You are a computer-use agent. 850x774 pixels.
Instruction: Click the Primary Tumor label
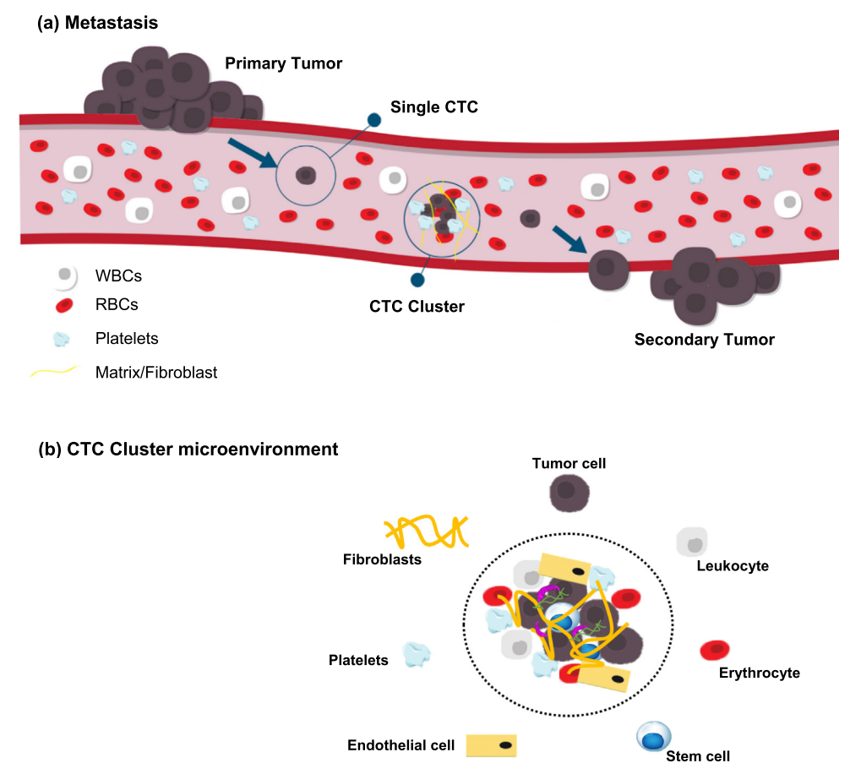click(x=284, y=63)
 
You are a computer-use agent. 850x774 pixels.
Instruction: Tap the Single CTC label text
click(x=433, y=107)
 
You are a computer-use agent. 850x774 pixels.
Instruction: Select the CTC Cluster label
click(x=417, y=307)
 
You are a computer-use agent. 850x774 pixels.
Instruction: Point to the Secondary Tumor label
click(x=705, y=340)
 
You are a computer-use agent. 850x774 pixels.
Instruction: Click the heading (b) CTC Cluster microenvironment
click(x=188, y=449)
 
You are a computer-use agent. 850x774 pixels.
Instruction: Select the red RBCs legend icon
click(x=62, y=305)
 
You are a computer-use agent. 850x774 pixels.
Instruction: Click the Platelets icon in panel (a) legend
click(x=62, y=339)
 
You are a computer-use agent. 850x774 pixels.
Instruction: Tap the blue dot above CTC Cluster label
click(x=416, y=280)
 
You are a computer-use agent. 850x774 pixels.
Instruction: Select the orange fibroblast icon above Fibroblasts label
click(x=426, y=532)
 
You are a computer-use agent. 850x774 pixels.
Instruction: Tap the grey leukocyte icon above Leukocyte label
click(x=692, y=541)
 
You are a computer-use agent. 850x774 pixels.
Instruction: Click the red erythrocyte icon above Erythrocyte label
click(x=715, y=651)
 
